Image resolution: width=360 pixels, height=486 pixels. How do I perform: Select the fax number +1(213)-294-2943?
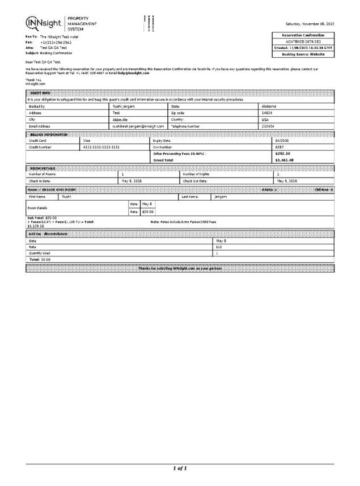(56, 42)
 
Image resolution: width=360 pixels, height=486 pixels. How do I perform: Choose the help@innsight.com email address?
(134, 73)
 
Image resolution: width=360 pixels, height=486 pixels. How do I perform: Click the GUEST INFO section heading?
(40, 92)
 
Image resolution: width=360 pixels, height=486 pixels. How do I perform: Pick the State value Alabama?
(269, 106)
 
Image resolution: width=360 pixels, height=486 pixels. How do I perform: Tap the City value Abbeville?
(120, 120)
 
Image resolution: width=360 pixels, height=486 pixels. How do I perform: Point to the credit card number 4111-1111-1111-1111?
(101, 147)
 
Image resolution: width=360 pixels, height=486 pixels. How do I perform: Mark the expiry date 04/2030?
(282, 140)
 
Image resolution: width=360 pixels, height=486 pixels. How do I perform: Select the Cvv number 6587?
(279, 147)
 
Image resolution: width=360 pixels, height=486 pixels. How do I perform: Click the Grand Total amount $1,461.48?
(284, 160)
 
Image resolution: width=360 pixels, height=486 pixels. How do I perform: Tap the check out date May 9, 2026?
(288, 181)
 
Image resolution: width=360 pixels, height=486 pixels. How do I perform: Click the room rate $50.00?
(147, 212)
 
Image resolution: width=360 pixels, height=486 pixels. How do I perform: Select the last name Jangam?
(221, 196)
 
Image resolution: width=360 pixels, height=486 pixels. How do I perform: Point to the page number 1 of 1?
(180, 468)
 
